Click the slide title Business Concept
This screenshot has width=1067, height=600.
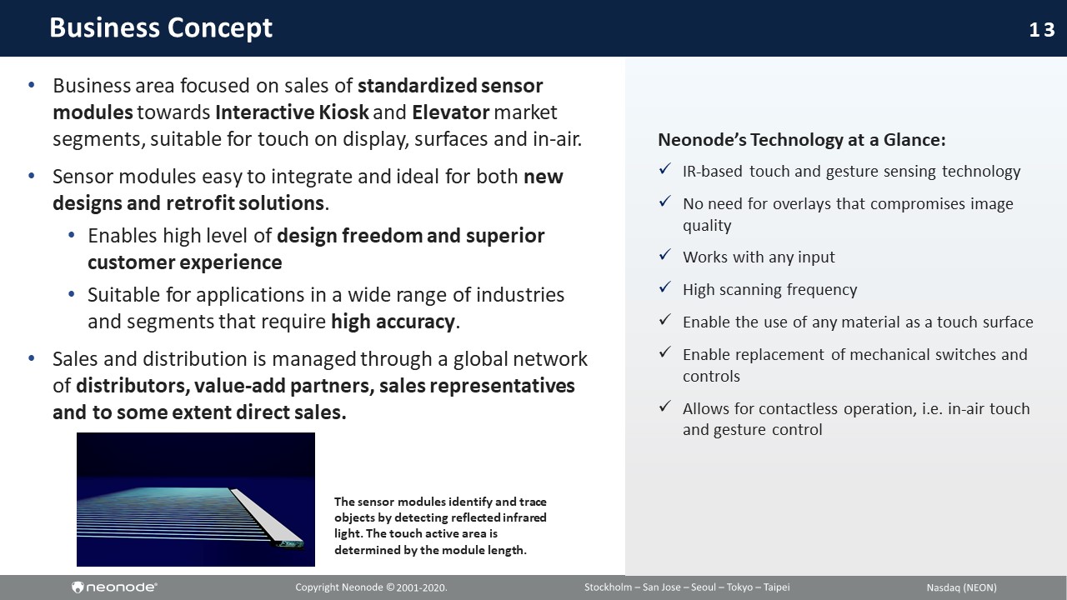tap(161, 27)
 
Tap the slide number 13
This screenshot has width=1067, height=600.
tap(1042, 30)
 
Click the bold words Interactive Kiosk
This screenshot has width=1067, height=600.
tap(292, 112)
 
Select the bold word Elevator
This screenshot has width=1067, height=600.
tap(451, 112)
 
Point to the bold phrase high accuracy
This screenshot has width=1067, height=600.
tap(393, 322)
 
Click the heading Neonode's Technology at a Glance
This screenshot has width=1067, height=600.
tap(802, 140)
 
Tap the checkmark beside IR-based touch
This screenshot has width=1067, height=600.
tap(665, 169)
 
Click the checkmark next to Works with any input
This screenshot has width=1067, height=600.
tap(665, 255)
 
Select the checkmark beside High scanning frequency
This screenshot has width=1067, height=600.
tap(665, 287)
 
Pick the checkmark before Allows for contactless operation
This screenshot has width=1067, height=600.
tap(665, 406)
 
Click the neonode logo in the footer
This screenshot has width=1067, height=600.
tap(114, 587)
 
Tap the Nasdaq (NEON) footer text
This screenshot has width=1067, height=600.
tap(961, 587)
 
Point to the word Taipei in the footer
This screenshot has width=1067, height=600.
tap(776, 587)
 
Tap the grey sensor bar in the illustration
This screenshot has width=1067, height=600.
tap(267, 517)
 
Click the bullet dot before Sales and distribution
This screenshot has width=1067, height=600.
tap(32, 358)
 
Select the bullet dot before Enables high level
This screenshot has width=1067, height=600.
tap(72, 235)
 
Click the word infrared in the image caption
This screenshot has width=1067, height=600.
tap(526, 517)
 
